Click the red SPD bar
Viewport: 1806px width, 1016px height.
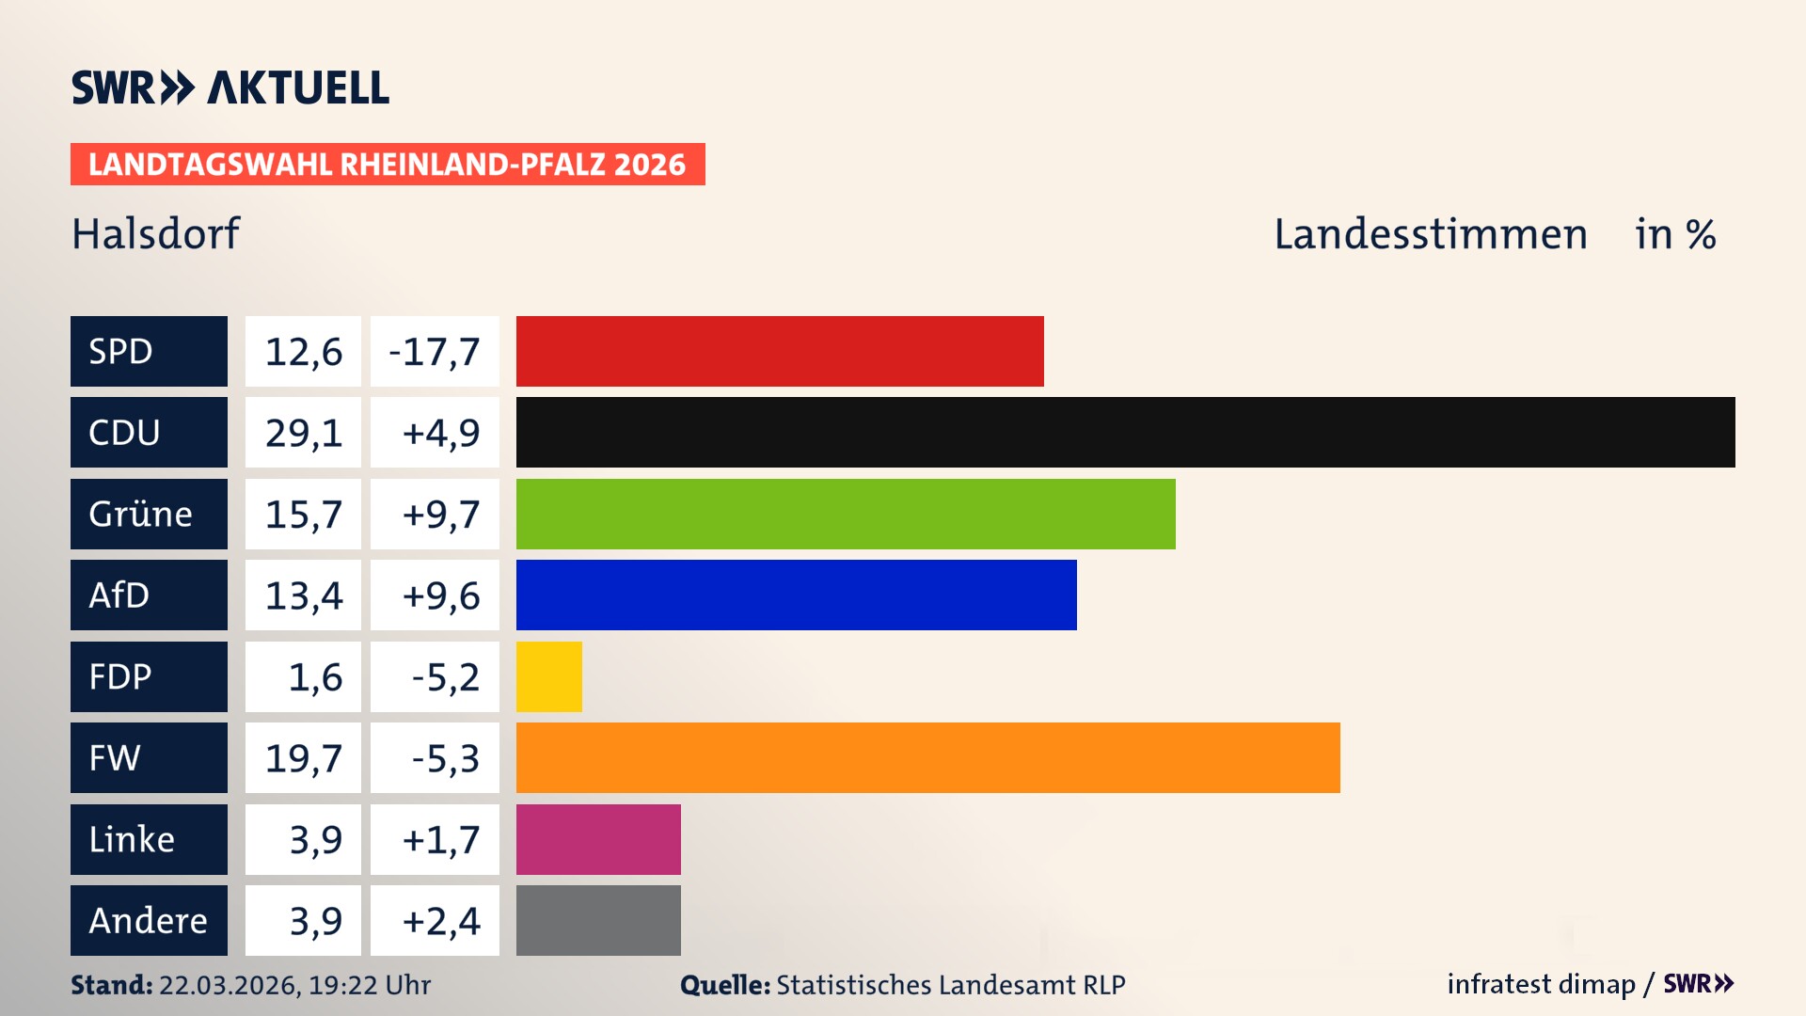tap(780, 351)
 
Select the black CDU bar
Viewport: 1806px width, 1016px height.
tap(1125, 432)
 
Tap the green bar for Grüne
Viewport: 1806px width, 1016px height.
tap(846, 514)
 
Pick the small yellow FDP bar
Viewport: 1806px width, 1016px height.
tap(548, 676)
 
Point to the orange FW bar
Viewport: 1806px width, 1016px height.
tap(927, 757)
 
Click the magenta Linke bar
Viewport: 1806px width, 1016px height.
tap(598, 839)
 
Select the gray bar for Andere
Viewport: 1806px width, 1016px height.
tap(598, 920)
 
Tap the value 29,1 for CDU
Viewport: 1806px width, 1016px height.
tap(303, 433)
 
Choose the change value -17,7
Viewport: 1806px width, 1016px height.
tap(435, 352)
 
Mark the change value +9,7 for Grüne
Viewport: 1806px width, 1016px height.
tap(440, 515)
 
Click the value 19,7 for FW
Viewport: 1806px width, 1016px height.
tap(303, 758)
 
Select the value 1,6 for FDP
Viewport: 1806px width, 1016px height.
tap(314, 677)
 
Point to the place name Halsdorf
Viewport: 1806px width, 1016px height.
tap(156, 233)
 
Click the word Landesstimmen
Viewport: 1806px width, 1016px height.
tap(1430, 234)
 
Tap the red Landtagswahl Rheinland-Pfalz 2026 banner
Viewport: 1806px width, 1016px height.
tap(388, 165)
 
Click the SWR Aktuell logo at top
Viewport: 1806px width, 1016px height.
tap(230, 87)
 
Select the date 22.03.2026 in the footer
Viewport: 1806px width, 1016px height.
tap(229, 985)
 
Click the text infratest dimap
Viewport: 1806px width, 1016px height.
tap(1541, 984)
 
